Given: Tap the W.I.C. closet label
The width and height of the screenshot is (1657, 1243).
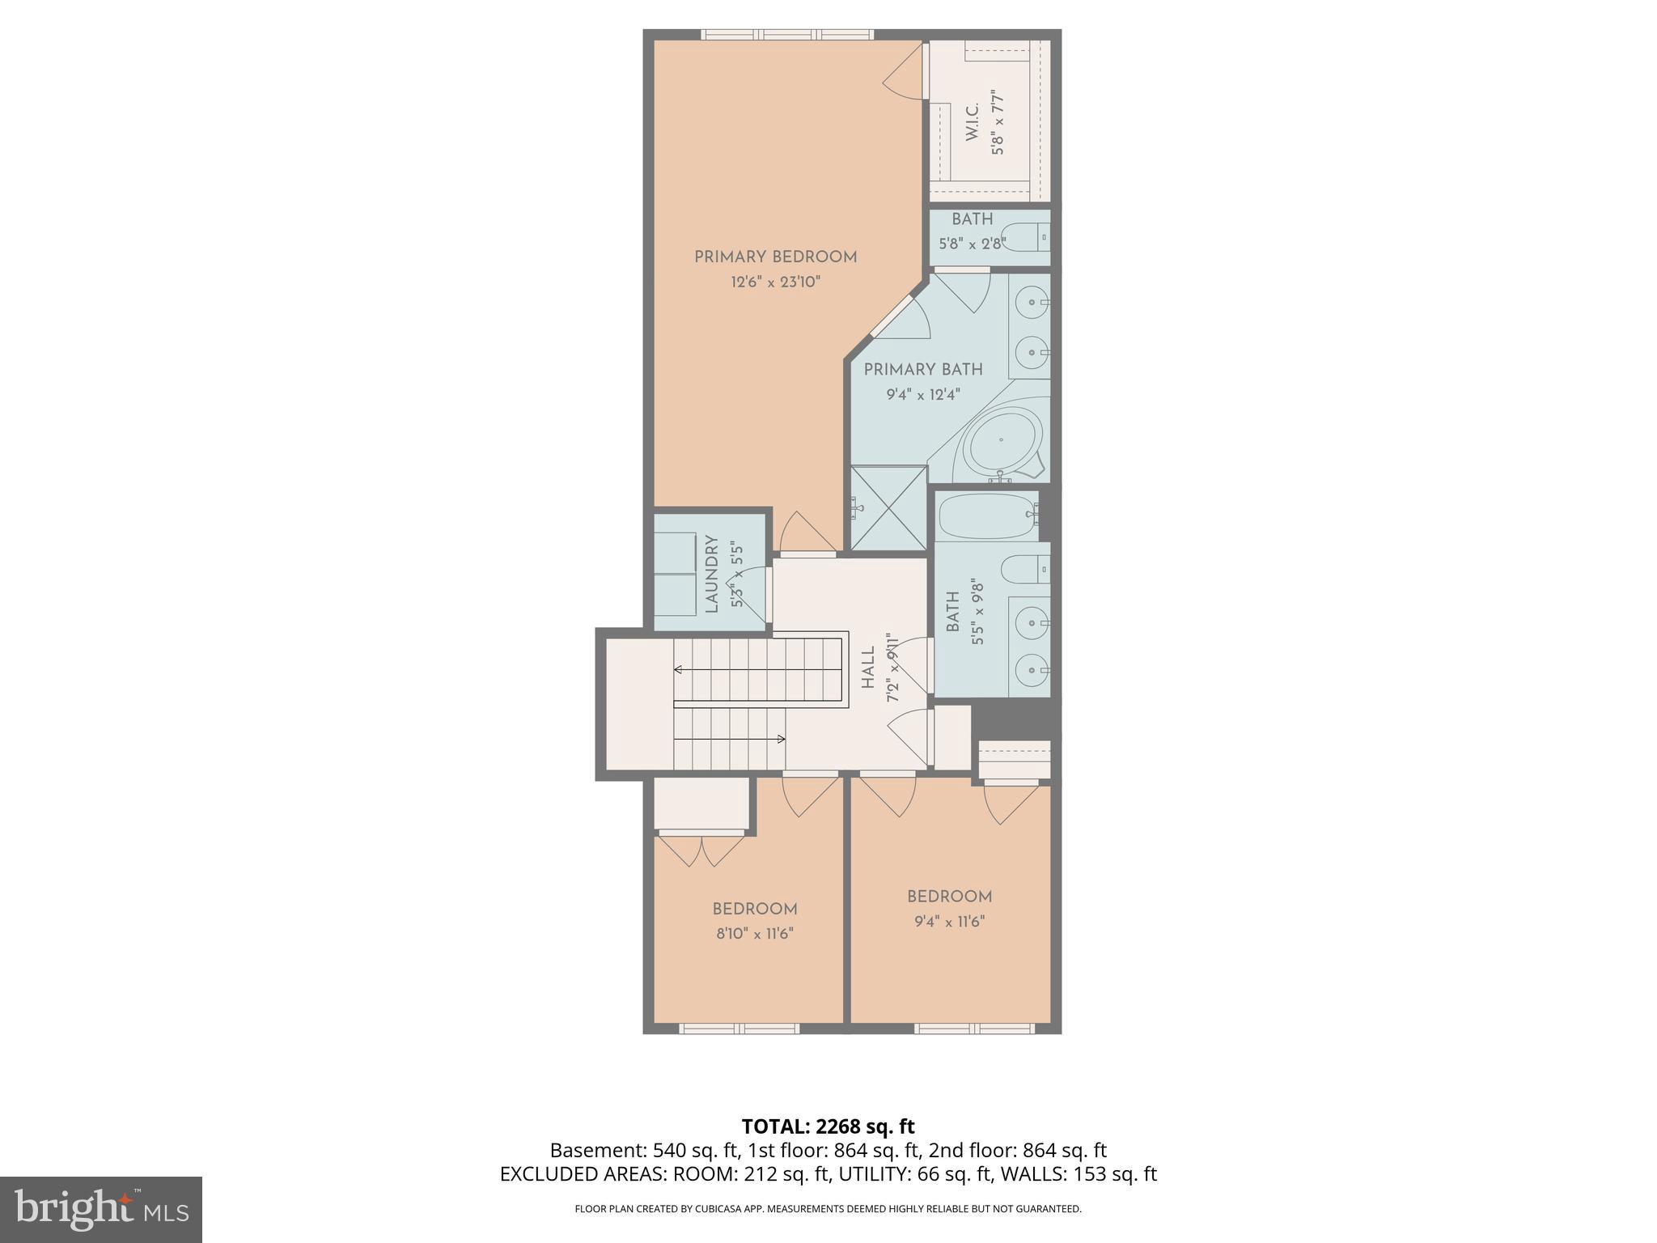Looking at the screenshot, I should click(x=973, y=121).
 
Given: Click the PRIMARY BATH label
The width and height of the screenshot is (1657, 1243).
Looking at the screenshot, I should click(x=922, y=370).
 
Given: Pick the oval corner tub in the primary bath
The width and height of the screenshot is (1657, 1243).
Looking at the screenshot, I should click(x=1002, y=442).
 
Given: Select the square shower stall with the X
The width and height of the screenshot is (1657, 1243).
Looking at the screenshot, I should click(x=888, y=508).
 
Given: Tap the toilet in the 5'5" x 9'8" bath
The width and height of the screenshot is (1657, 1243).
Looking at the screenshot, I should click(x=1024, y=570).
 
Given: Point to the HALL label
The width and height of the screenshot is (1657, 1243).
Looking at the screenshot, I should click(x=868, y=667).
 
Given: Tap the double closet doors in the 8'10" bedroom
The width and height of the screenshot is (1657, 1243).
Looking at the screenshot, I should click(x=701, y=850).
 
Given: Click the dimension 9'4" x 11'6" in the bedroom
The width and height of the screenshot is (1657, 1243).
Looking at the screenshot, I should click(x=949, y=922).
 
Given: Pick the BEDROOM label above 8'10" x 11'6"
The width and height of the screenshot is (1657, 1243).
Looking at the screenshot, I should click(x=754, y=909).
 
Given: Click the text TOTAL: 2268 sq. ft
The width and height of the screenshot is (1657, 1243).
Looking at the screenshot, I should click(x=828, y=1126).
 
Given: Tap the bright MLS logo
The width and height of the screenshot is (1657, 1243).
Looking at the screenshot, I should click(x=101, y=1209).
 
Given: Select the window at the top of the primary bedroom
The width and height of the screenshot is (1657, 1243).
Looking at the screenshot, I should click(x=786, y=35).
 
